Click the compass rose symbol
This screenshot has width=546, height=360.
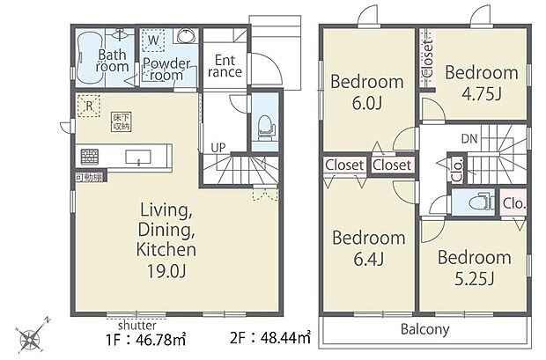[x=34, y=335]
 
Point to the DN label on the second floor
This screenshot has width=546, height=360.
[x=469, y=138]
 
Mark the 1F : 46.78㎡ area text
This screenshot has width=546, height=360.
[x=145, y=337]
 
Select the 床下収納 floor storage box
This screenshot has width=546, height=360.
[x=120, y=120]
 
